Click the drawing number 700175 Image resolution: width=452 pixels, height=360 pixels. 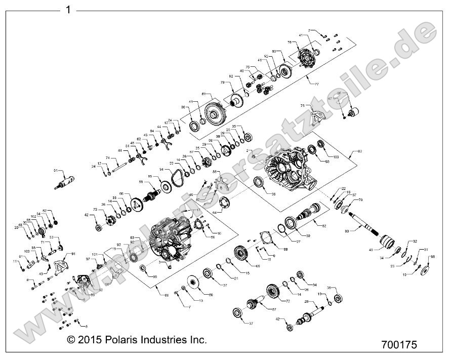pyautogui.click(x=399, y=345)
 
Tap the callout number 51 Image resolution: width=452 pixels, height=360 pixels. pyautogui.click(x=56, y=171)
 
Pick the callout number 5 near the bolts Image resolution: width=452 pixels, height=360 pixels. pyautogui.click(x=86, y=327)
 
